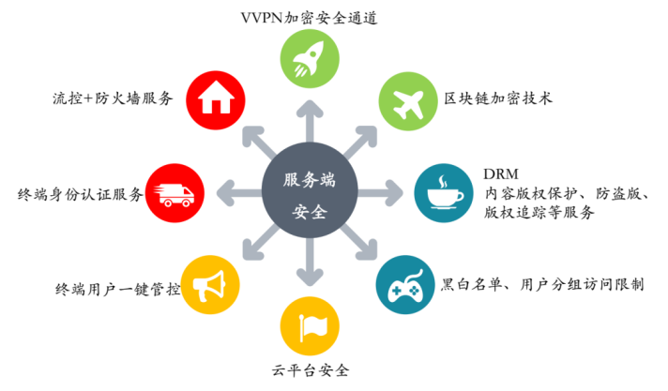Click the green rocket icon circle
click(309, 60)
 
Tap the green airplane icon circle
click(405, 100)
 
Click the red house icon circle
click(213, 98)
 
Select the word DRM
click(498, 175)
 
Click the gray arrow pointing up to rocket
click(309, 117)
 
